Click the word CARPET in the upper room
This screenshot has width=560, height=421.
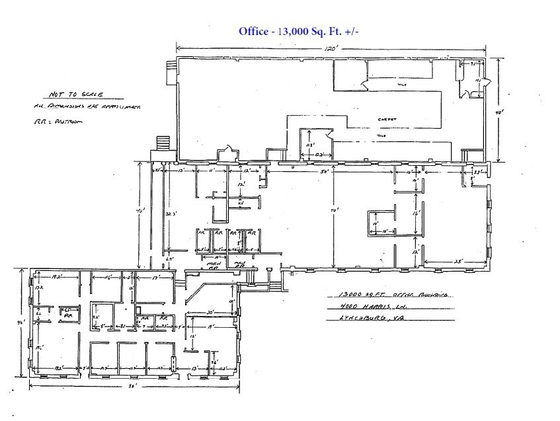tap(387, 119)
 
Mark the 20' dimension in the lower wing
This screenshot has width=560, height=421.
tap(210, 313)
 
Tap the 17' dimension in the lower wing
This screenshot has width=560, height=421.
tap(155, 278)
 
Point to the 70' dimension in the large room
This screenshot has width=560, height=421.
tap(336, 211)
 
